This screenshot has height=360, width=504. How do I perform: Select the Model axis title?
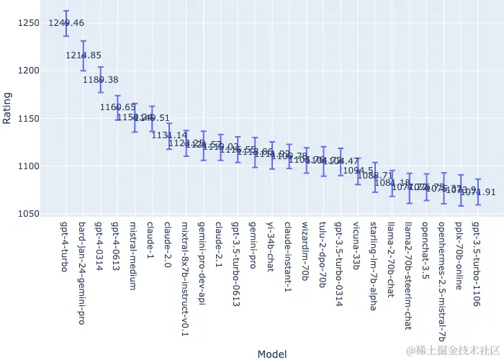click(271, 354)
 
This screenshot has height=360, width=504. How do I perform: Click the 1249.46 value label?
click(66, 23)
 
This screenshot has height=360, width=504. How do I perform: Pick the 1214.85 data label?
click(84, 55)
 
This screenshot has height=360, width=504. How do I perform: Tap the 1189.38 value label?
click(101, 80)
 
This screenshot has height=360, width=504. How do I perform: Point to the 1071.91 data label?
click(479, 192)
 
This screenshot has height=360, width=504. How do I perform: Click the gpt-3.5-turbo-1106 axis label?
click(477, 264)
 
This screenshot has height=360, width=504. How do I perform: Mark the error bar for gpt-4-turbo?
click(66, 23)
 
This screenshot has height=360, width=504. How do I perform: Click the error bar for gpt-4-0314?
click(101, 79)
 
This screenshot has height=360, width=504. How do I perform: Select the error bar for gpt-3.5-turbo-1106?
click(479, 192)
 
